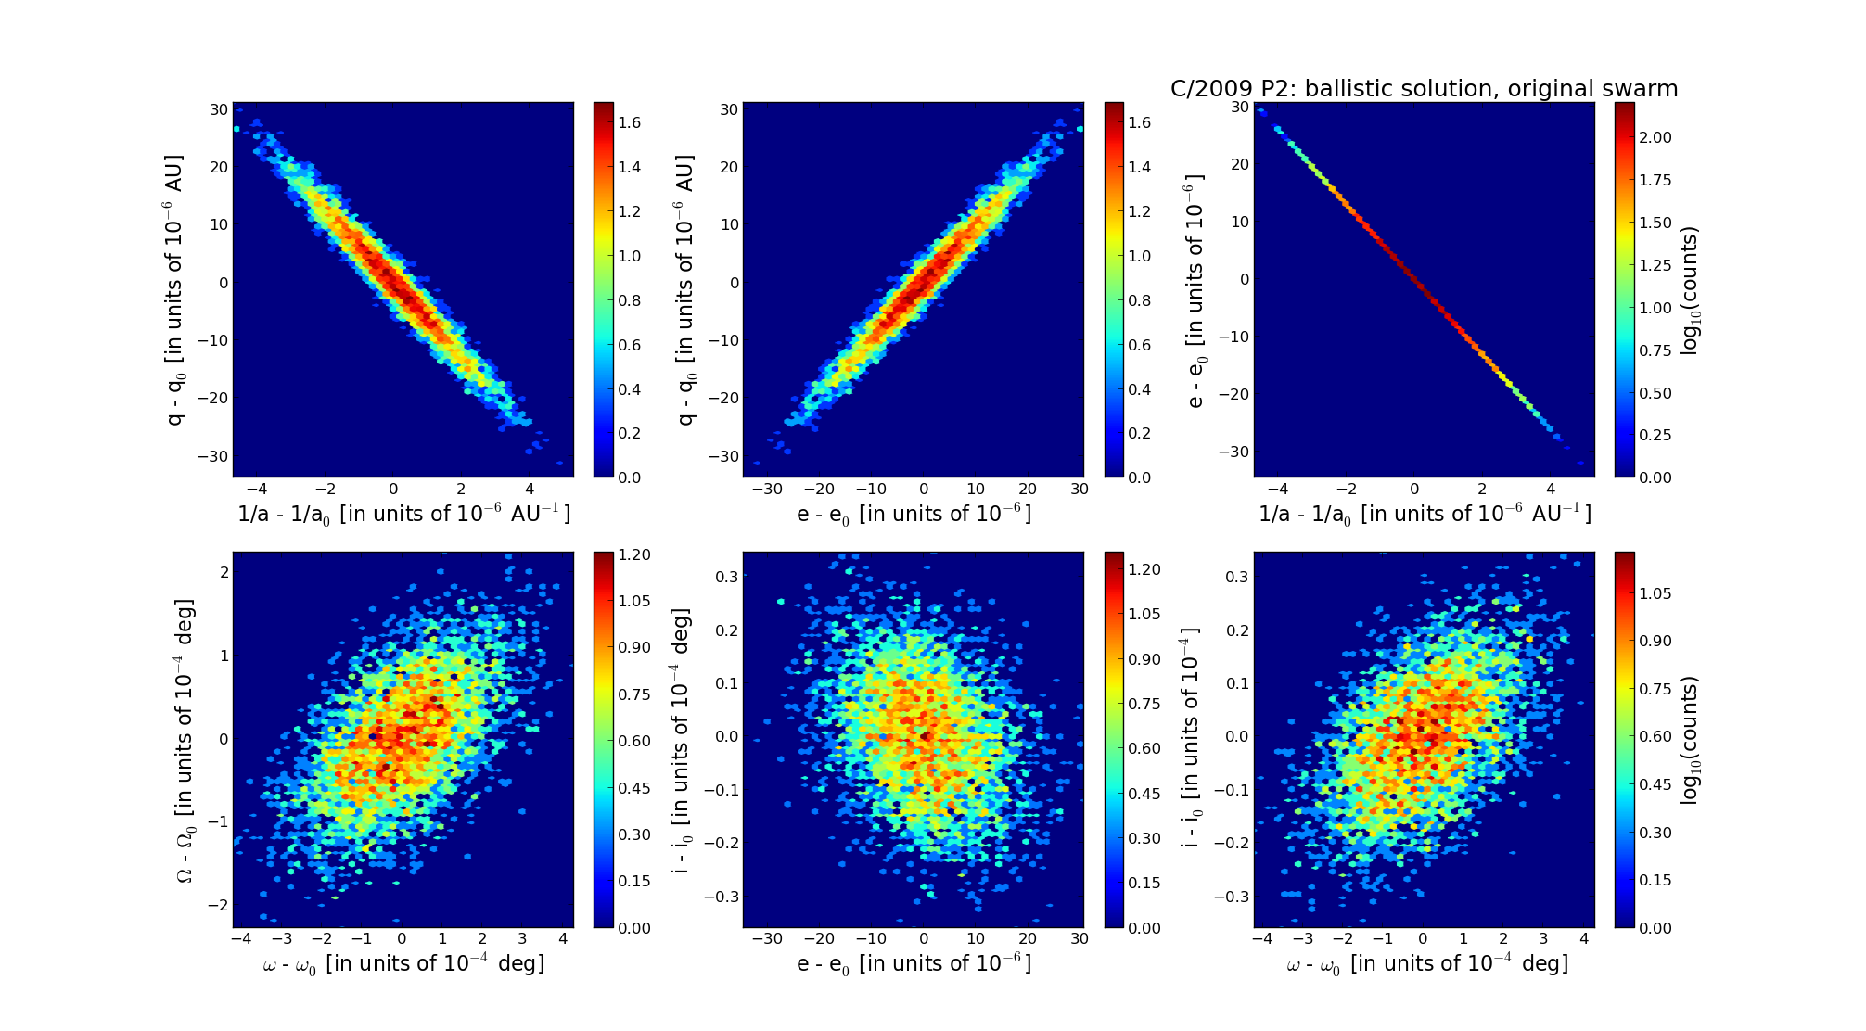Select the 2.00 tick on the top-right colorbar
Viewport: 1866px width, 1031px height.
[x=1655, y=137]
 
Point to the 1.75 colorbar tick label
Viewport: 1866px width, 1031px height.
[x=1655, y=180]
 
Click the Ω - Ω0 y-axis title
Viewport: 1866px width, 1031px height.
[x=186, y=740]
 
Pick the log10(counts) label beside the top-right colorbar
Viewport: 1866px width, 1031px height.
[x=1690, y=290]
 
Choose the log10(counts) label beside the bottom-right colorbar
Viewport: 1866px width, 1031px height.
[x=1690, y=740]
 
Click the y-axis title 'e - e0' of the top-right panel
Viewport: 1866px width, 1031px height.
[x=1195, y=290]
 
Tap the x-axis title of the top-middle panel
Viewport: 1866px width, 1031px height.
[x=914, y=514]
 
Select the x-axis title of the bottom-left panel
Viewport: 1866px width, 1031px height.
[x=403, y=964]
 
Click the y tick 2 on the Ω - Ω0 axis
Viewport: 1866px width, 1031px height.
[x=224, y=573]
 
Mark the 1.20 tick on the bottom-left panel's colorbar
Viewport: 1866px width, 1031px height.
[x=634, y=554]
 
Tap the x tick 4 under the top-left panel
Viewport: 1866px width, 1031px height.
[x=530, y=489]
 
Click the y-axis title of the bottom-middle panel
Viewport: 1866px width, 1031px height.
[x=682, y=740]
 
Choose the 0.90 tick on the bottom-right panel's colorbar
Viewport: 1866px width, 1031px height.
[x=1655, y=641]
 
